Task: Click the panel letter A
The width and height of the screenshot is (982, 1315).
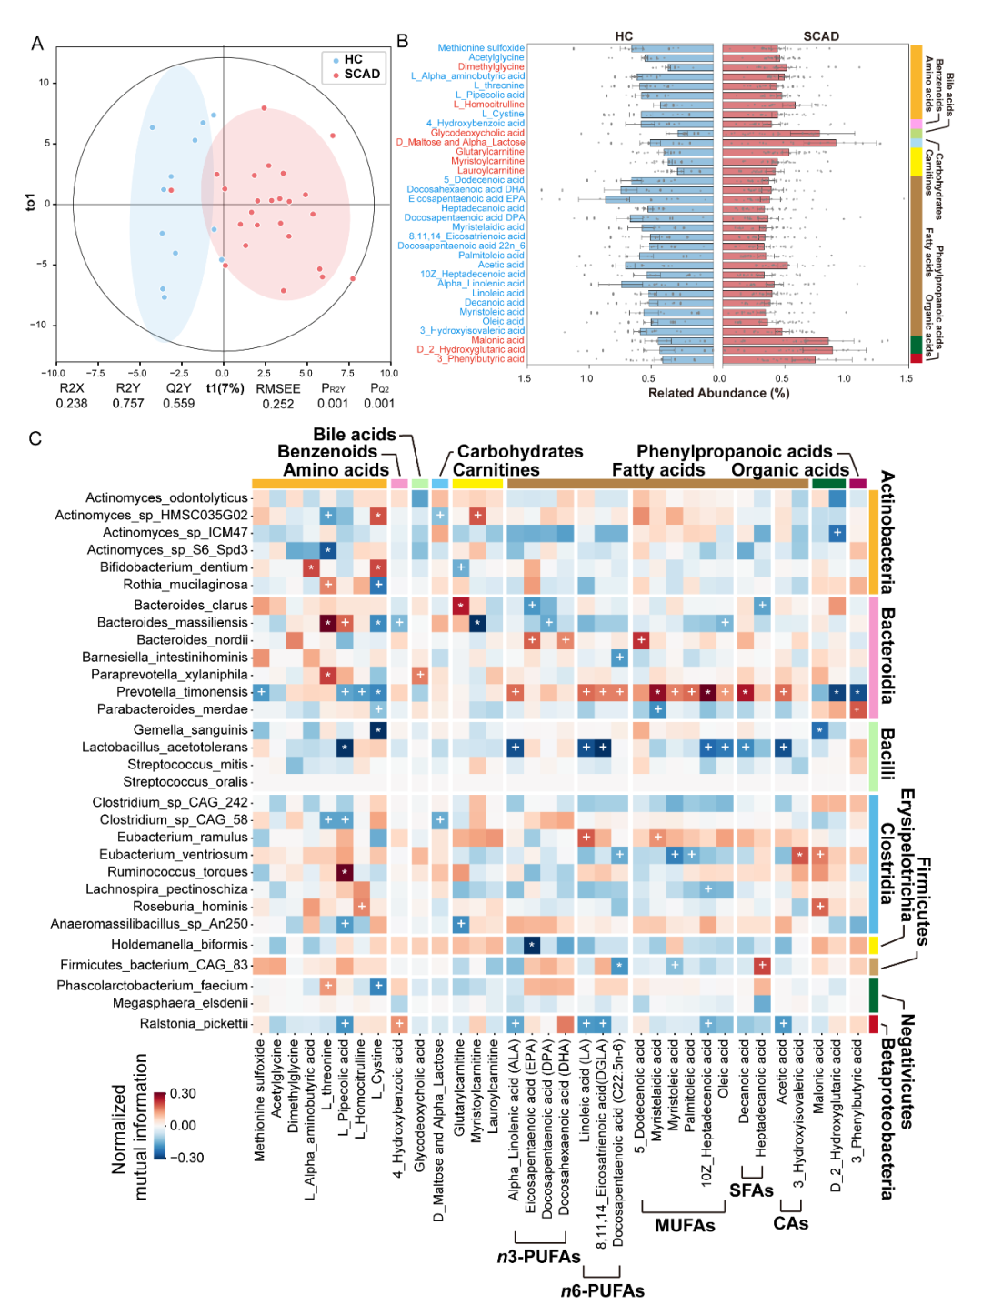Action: click(x=37, y=44)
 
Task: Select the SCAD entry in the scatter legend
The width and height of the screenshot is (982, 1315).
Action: click(x=361, y=74)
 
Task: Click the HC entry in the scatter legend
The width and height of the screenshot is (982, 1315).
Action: click(x=353, y=59)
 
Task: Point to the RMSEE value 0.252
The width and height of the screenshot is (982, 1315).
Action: click(x=278, y=404)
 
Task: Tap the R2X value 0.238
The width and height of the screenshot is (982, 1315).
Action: click(x=72, y=404)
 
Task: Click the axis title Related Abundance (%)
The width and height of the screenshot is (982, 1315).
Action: click(x=718, y=393)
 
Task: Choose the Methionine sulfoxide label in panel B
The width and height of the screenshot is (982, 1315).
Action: click(x=481, y=48)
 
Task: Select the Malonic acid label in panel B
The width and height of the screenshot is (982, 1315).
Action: click(x=497, y=340)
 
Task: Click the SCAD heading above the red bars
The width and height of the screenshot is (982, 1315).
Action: click(x=821, y=36)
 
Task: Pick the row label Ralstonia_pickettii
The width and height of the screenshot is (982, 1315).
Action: click(x=194, y=1023)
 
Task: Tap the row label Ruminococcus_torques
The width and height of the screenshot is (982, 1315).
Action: click(x=177, y=872)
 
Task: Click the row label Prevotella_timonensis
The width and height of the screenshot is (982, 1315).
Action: click(x=182, y=692)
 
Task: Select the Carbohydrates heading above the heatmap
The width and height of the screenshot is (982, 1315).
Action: click(x=520, y=452)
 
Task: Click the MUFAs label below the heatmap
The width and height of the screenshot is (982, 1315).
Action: click(x=685, y=1226)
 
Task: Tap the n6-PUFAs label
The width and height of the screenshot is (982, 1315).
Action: click(x=602, y=1291)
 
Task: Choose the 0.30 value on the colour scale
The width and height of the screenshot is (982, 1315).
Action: click(x=183, y=1094)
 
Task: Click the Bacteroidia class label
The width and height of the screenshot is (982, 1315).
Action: click(x=887, y=655)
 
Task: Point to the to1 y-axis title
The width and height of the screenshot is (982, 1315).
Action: click(x=31, y=202)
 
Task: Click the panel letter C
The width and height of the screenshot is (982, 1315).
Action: click(x=35, y=439)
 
